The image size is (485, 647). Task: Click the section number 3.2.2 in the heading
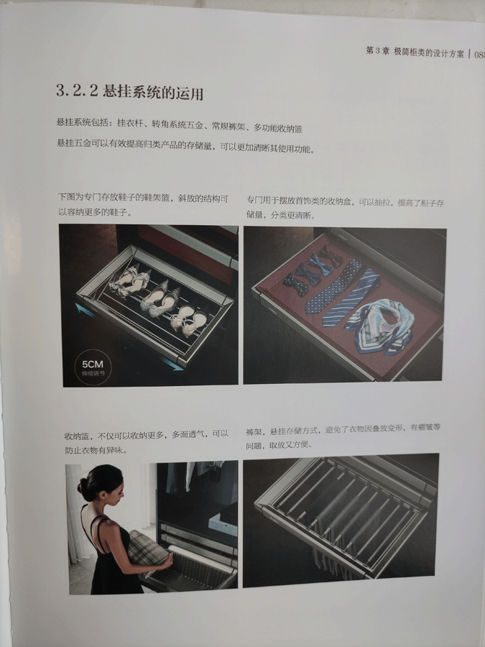(x=77, y=90)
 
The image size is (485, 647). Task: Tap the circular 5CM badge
(x=93, y=367)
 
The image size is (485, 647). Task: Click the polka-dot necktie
(x=334, y=286)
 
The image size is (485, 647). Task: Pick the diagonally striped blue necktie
(x=351, y=297)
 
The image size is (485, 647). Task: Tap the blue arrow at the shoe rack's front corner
(x=172, y=364)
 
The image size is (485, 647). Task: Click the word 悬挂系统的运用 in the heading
(x=153, y=93)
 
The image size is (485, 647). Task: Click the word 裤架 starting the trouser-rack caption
(x=253, y=431)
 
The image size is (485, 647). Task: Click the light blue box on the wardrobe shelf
(x=223, y=524)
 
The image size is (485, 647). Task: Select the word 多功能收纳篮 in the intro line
(x=277, y=129)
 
